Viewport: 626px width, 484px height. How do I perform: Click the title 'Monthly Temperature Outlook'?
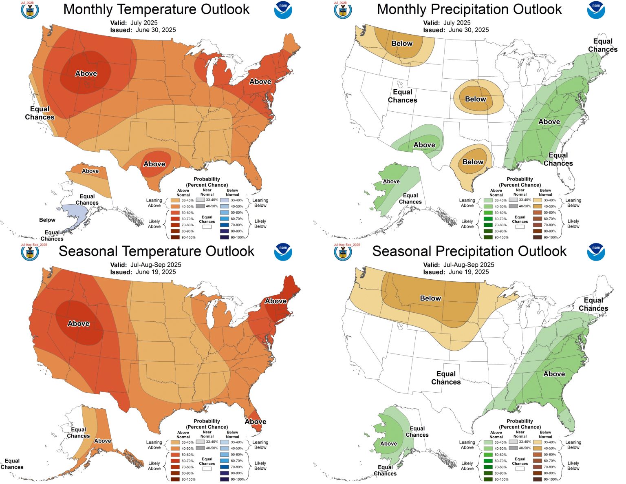(156, 9)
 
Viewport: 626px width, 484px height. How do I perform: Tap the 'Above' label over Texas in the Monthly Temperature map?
(154, 164)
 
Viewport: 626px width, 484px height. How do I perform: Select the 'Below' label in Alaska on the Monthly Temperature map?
(47, 220)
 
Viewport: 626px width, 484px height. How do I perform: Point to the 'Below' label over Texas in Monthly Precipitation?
(473, 162)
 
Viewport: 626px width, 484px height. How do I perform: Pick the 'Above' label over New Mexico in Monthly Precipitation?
(424, 145)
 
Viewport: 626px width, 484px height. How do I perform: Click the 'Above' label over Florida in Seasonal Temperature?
(256, 422)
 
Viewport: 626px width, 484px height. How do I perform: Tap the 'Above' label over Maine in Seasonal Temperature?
(276, 301)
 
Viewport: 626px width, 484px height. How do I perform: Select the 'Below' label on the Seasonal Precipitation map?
(430, 298)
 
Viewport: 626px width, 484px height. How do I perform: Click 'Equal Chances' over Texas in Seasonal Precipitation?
(446, 378)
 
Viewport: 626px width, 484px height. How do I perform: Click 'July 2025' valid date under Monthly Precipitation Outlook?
(457, 23)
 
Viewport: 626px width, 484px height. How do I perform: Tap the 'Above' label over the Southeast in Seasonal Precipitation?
(554, 373)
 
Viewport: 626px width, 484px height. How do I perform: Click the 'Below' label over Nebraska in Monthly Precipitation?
(476, 99)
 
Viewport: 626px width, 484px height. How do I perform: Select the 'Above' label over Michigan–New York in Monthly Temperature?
(260, 82)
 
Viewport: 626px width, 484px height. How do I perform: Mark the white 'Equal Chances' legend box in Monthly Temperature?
(207, 227)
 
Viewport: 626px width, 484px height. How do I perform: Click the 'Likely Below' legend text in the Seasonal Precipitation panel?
(573, 466)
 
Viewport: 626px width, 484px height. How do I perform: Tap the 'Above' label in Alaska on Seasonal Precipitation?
(388, 443)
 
